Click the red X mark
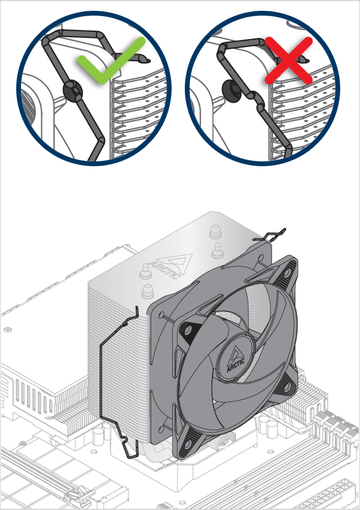289,59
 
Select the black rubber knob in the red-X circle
230,88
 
